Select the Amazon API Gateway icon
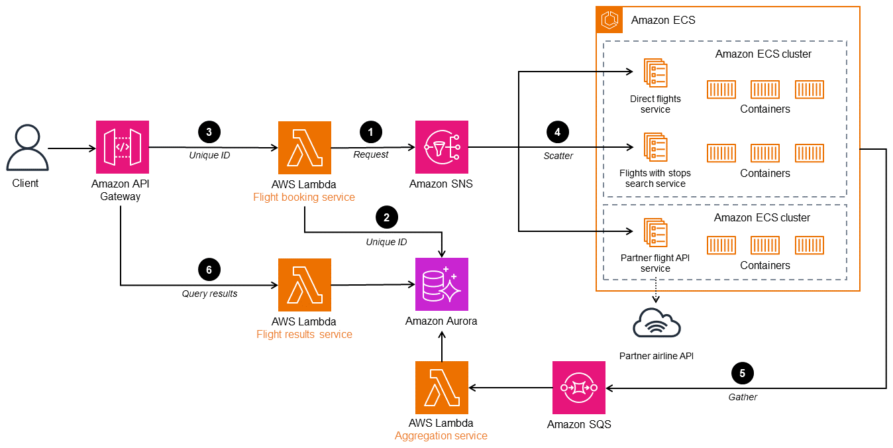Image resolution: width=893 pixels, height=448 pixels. point(122,148)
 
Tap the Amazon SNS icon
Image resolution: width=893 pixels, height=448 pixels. point(441,148)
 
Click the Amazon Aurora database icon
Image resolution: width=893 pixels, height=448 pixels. point(441,284)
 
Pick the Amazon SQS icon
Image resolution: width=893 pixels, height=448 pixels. point(579,388)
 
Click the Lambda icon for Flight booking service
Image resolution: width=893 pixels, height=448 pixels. point(304,148)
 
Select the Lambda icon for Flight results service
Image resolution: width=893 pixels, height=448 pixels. point(304,285)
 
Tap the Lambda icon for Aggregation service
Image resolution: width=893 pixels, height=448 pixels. point(441,388)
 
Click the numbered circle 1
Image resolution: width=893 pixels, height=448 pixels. point(370,132)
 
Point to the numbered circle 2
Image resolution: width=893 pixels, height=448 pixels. point(386,216)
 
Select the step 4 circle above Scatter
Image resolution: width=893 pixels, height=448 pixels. point(557,132)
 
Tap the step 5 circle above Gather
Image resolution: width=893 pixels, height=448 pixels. point(742,373)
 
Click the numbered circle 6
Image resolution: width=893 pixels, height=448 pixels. point(209,269)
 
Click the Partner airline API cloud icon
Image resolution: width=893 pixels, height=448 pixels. point(657,324)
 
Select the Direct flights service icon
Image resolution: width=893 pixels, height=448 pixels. point(655,72)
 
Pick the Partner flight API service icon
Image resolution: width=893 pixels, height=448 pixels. point(655,233)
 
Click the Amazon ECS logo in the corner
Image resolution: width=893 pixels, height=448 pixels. point(609,20)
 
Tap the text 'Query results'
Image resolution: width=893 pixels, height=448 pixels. point(209,294)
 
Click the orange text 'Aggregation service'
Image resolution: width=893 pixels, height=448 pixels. point(441,436)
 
